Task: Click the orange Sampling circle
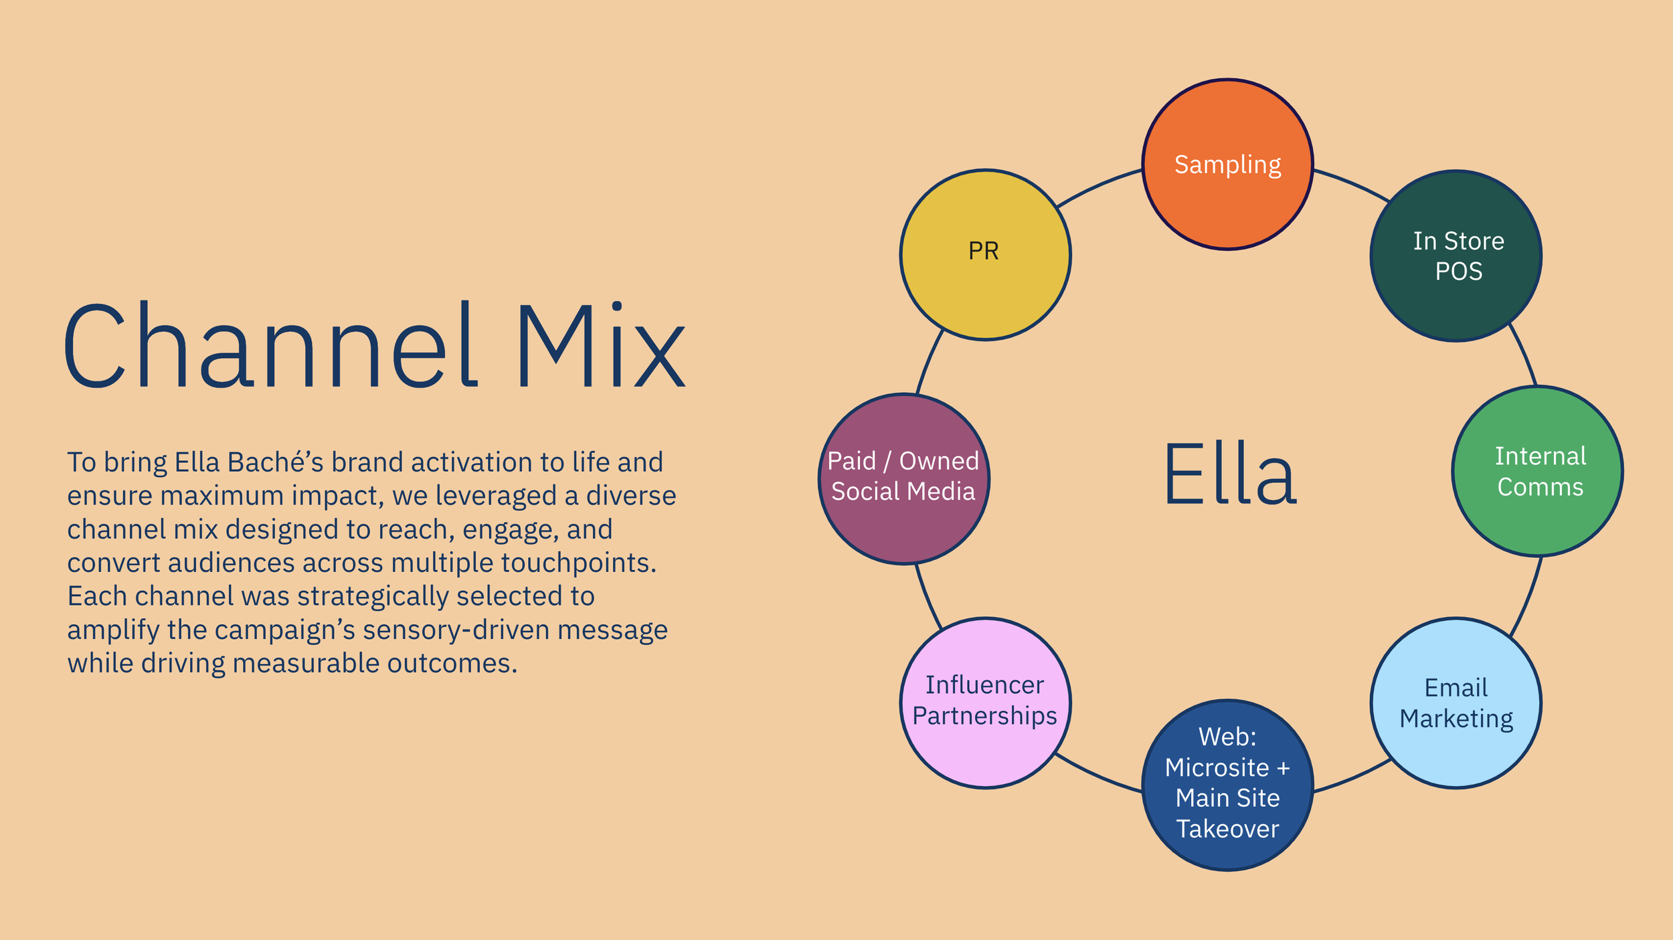click(1227, 165)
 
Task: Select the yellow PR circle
click(985, 255)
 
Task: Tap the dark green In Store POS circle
click(1456, 256)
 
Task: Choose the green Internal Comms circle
click(1538, 471)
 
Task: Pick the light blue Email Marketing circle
click(1456, 703)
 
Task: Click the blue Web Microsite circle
click(1227, 785)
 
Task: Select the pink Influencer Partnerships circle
click(985, 703)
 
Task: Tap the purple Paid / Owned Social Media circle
click(903, 479)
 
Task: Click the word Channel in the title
click(271, 346)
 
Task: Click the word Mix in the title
click(600, 346)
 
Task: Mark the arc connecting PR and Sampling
click(1097, 185)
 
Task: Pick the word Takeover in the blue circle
click(1227, 829)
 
